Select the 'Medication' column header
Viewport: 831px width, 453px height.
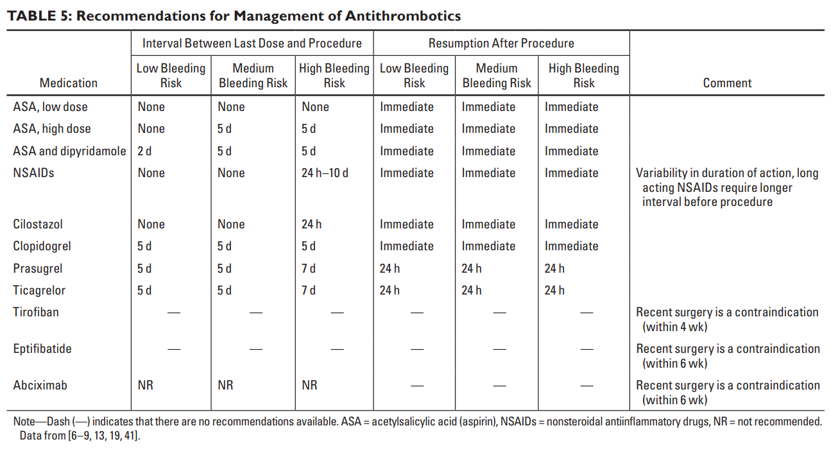(69, 83)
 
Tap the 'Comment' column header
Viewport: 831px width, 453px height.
(727, 83)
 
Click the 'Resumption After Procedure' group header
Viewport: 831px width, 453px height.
(501, 43)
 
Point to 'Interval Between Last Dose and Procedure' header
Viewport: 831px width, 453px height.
(252, 43)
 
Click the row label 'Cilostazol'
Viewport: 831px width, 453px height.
(38, 224)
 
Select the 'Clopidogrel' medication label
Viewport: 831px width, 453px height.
(42, 246)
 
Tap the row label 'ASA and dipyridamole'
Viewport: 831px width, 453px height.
(69, 151)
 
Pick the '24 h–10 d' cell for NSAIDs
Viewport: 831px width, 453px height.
(325, 173)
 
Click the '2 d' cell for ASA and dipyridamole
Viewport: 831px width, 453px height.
(144, 151)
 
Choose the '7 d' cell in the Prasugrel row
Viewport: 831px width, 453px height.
(308, 268)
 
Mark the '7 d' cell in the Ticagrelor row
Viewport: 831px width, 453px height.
(308, 290)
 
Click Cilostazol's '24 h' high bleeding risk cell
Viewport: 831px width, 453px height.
(311, 224)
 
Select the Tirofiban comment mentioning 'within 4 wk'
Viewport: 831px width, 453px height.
(727, 320)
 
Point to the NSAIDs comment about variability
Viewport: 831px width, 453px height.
(727, 187)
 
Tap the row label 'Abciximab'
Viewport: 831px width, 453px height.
(40, 385)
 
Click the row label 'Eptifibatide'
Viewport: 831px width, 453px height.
(42, 349)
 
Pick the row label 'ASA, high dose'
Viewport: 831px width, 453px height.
(52, 129)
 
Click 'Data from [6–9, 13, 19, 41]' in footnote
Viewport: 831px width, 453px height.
(80, 435)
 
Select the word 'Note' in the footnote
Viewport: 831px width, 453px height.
(24, 422)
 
